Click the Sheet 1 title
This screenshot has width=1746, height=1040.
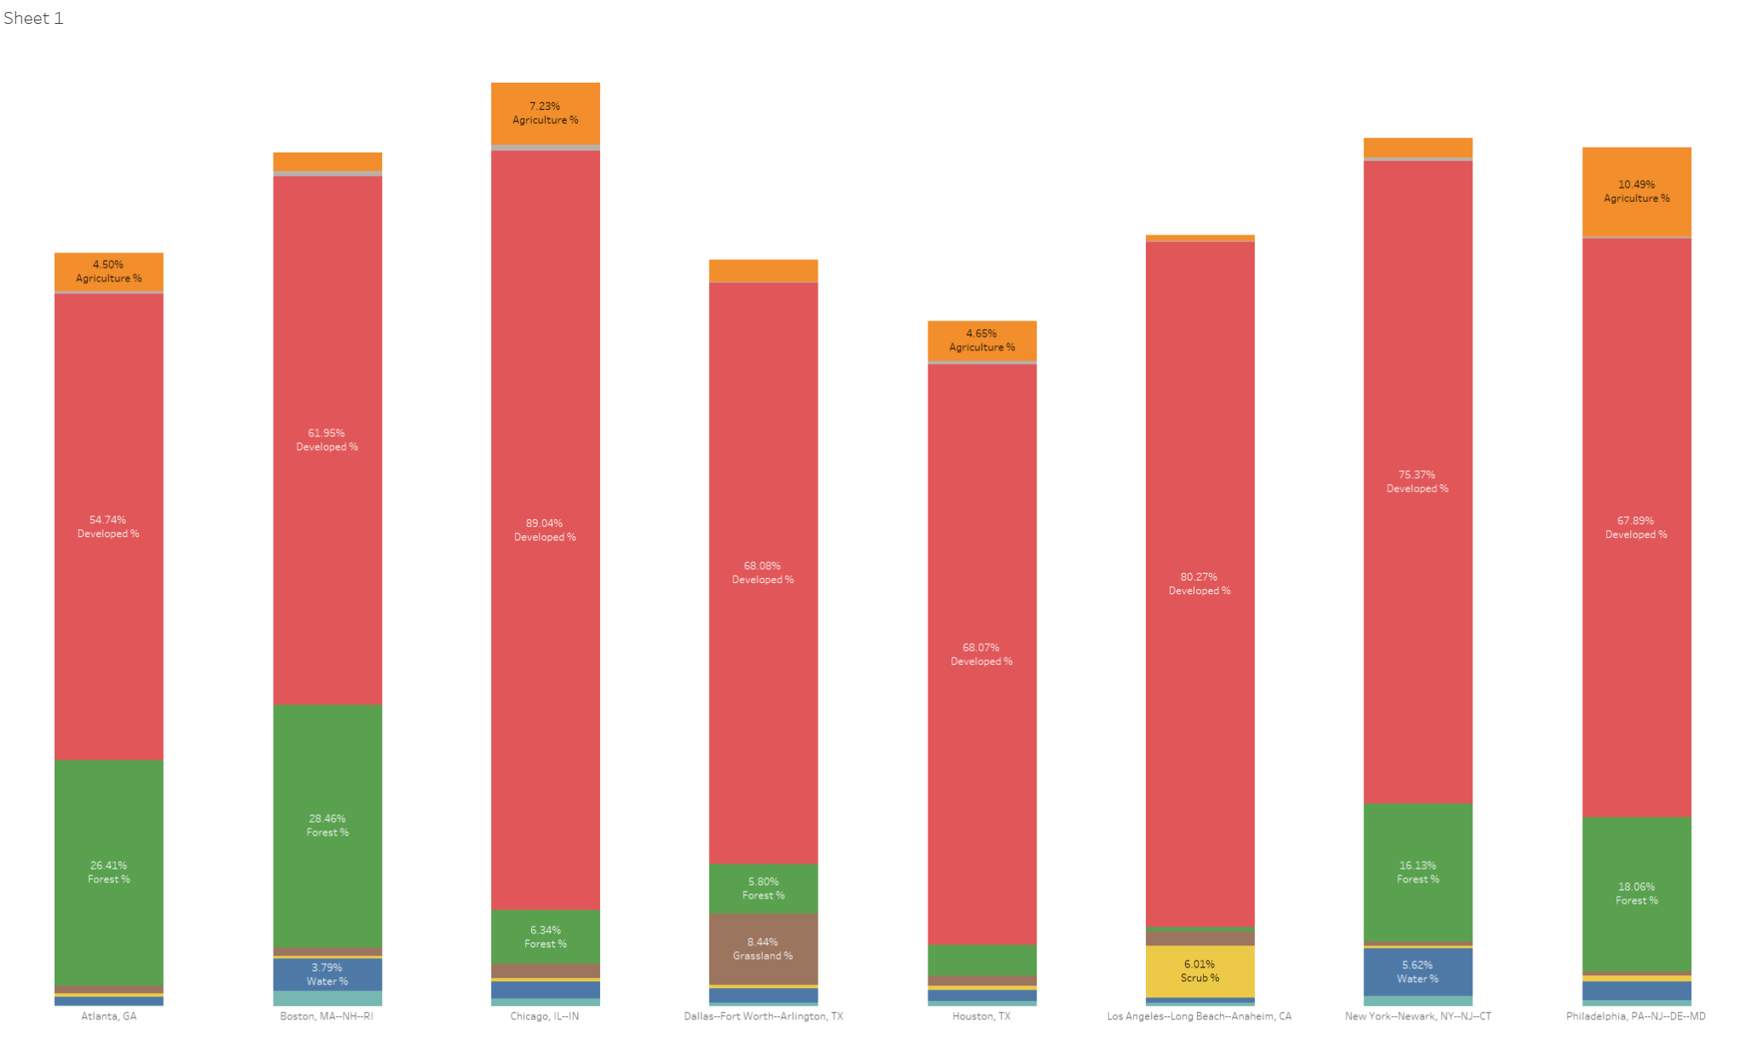click(33, 18)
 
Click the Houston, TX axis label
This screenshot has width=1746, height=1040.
click(981, 1016)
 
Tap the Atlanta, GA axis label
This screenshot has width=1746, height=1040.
click(108, 1016)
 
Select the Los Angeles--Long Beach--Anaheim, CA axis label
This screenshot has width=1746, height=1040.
click(1199, 1016)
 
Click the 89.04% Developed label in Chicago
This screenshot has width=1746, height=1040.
click(545, 529)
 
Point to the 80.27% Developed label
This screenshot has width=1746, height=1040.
click(1199, 583)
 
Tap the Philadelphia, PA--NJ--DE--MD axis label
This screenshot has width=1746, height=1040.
click(1635, 1016)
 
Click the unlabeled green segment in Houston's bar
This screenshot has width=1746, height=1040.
click(981, 960)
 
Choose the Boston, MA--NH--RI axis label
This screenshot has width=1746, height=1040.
click(327, 1016)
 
